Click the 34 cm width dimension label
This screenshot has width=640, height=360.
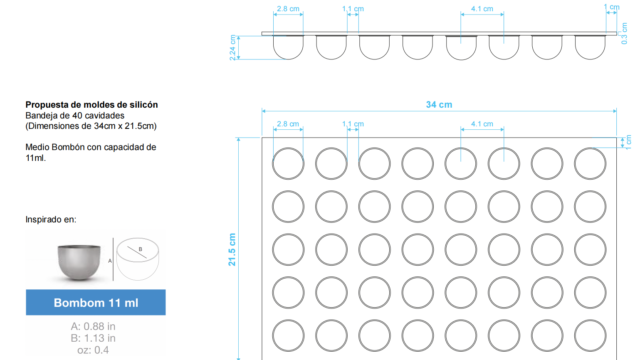(439, 104)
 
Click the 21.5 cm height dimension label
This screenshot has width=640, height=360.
(232, 250)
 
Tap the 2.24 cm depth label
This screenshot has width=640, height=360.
(233, 48)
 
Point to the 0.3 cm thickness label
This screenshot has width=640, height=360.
(624, 33)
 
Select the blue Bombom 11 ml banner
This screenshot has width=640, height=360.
(96, 302)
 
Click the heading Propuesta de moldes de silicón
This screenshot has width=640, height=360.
(91, 105)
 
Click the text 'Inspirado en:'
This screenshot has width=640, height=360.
(51, 220)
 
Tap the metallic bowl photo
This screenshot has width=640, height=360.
(79, 262)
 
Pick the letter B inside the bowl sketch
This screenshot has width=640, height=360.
(140, 249)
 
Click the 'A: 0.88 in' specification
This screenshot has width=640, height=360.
(93, 327)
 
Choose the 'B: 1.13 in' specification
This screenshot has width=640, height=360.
(93, 338)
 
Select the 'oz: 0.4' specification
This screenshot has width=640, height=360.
(93, 350)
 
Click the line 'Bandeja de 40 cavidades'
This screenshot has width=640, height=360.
(75, 116)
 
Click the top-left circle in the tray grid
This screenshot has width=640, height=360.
(288, 148)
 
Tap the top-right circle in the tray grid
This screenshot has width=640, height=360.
(590, 148)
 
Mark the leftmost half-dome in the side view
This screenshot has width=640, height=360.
(288, 59)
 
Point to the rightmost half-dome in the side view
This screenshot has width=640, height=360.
(590, 59)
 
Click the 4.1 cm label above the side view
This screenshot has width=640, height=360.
(482, 9)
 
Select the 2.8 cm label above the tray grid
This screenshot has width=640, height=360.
(288, 124)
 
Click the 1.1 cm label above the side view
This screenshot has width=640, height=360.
(353, 9)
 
